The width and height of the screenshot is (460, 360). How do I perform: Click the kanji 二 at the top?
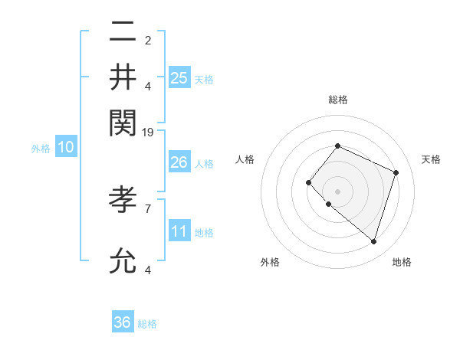click(x=123, y=33)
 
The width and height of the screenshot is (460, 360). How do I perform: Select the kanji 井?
click(x=123, y=77)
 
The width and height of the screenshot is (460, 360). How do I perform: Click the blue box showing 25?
click(x=179, y=77)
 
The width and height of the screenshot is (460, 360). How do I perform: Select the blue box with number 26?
click(x=179, y=162)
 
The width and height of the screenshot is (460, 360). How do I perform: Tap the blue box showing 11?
click(x=179, y=231)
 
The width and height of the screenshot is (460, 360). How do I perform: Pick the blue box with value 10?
click(x=66, y=147)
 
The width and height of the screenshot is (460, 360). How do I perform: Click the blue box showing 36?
click(x=123, y=322)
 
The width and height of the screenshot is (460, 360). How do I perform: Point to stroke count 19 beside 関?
click(x=148, y=133)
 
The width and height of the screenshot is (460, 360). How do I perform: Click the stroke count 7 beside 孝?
click(x=148, y=208)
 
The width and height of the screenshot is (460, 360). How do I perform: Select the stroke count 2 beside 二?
click(x=148, y=41)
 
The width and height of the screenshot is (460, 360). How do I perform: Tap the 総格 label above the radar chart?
click(x=337, y=100)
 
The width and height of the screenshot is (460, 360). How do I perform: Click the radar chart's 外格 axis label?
click(x=270, y=262)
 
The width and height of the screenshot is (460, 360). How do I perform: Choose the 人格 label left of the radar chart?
click(x=245, y=159)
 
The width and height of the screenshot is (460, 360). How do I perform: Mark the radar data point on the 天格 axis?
click(x=396, y=172)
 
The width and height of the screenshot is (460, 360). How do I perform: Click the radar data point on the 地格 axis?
click(x=373, y=241)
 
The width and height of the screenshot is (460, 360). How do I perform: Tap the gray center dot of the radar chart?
click(x=337, y=191)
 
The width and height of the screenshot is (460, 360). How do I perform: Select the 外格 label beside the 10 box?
click(x=41, y=149)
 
